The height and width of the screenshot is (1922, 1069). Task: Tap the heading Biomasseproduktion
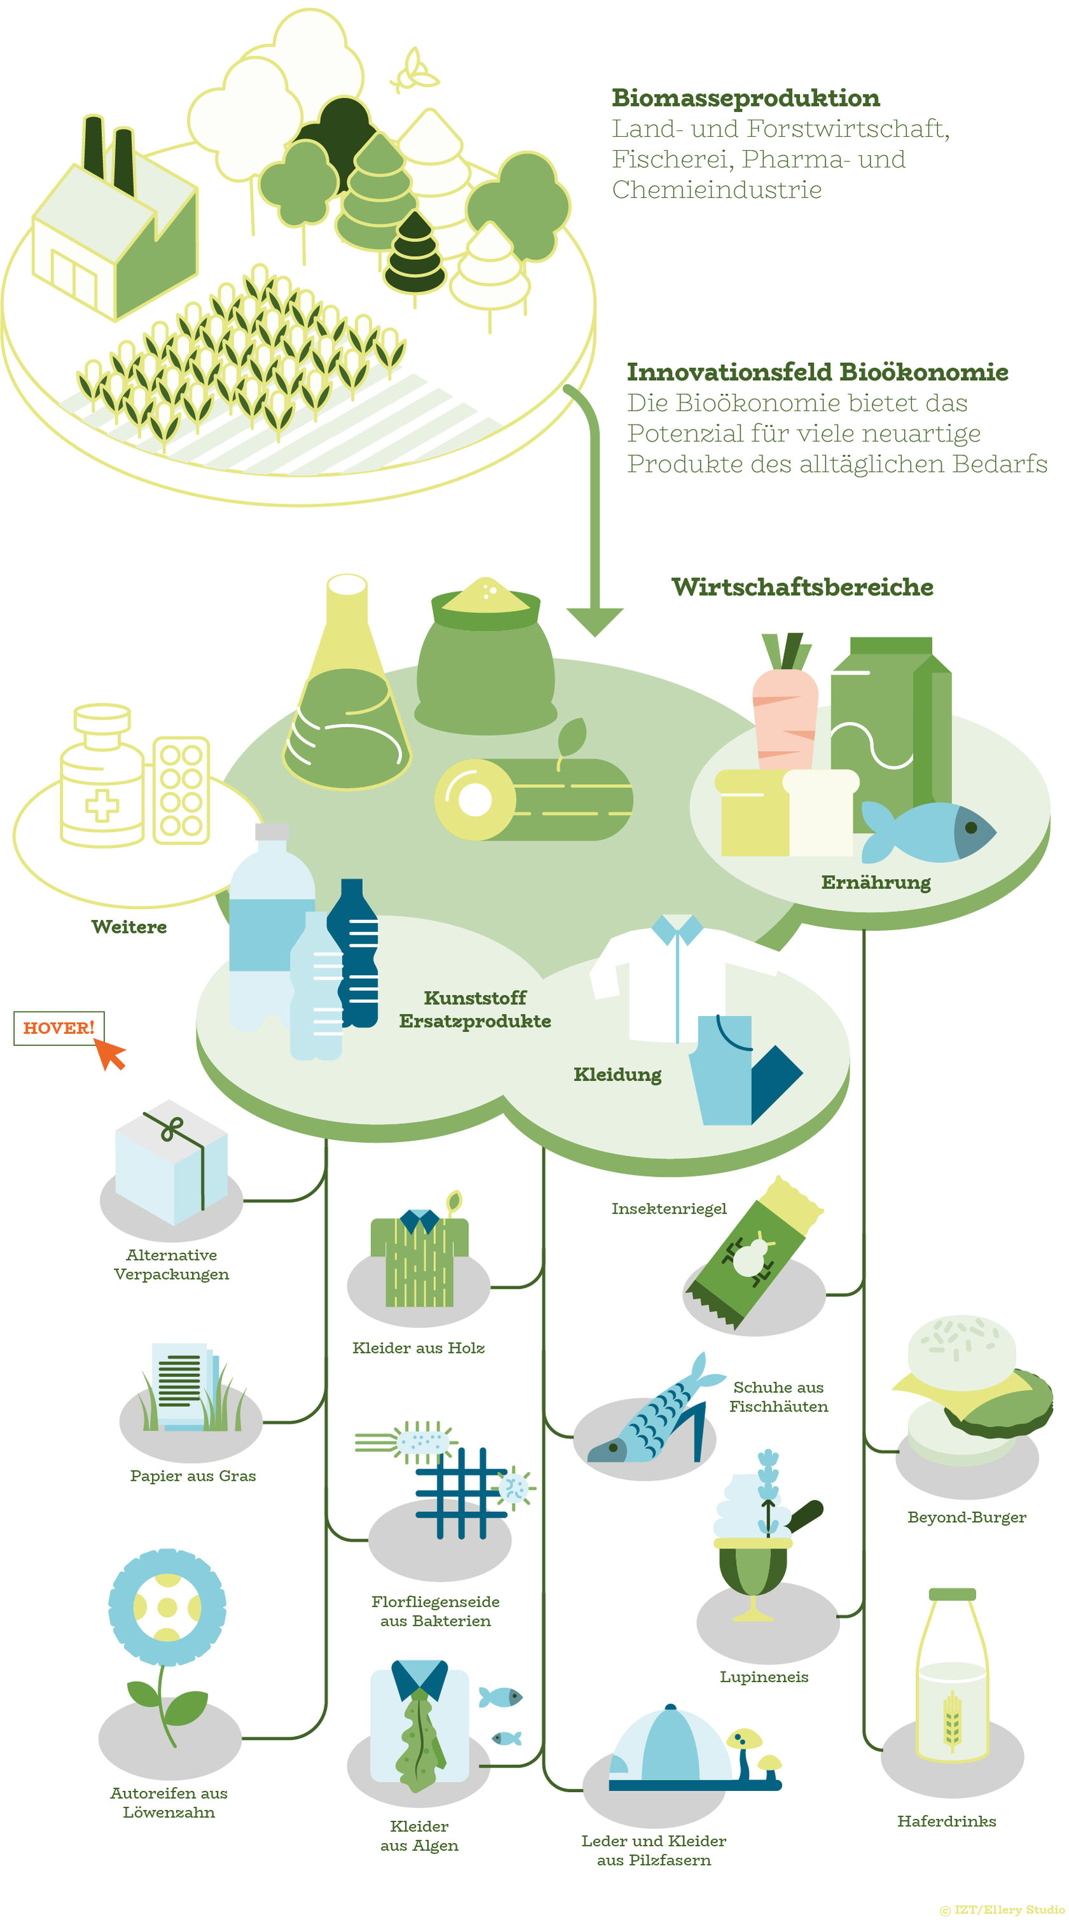pyautogui.click(x=745, y=98)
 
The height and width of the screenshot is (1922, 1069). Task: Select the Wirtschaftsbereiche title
pyautogui.click(x=802, y=587)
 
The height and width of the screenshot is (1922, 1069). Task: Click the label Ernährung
pyautogui.click(x=876, y=882)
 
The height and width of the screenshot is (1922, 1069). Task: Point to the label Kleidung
pyautogui.click(x=617, y=1075)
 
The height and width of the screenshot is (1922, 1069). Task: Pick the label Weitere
pyautogui.click(x=129, y=927)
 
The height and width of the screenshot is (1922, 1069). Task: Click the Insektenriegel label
pyautogui.click(x=668, y=1208)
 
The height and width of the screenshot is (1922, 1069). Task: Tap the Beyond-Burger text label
pyautogui.click(x=966, y=1517)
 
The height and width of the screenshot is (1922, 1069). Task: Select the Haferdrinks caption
pyautogui.click(x=946, y=1821)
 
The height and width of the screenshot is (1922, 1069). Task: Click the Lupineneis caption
pyautogui.click(x=763, y=1676)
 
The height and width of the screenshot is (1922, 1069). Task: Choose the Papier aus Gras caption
pyautogui.click(x=192, y=1476)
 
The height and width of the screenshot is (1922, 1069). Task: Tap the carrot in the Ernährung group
pyautogui.click(x=784, y=716)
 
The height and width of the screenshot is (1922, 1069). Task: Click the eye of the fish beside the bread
pyautogui.click(x=970, y=828)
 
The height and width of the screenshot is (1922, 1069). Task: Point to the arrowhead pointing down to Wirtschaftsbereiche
pyautogui.click(x=594, y=621)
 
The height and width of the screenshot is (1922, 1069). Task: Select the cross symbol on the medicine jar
pyautogui.click(x=101, y=806)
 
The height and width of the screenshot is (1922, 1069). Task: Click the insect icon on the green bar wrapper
pyautogui.click(x=749, y=1255)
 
